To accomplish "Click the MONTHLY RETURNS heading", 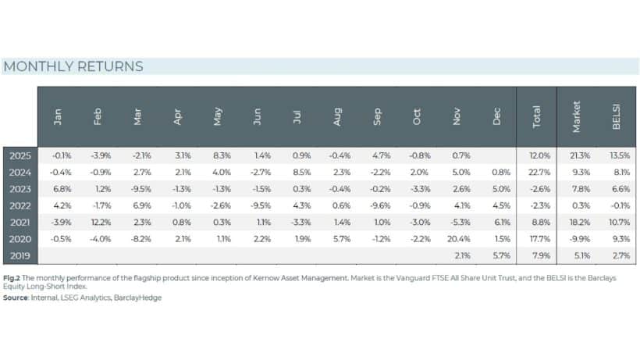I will [x=73, y=66].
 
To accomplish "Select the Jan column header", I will [x=57, y=116].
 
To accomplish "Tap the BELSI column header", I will [x=616, y=116].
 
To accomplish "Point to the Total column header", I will [x=536, y=116].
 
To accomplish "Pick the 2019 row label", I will [x=19, y=255].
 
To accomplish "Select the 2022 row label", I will [x=19, y=205].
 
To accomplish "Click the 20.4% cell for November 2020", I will [x=457, y=238].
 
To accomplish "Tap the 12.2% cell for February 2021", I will [x=97, y=222].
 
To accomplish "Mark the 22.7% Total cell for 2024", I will [x=535, y=172].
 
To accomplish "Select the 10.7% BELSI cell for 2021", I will [x=616, y=222].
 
